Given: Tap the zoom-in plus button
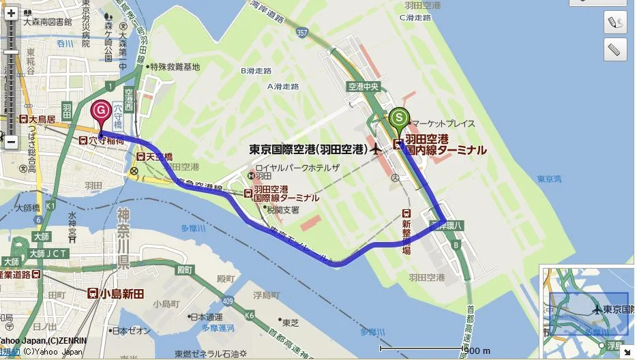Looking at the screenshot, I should point(11,13).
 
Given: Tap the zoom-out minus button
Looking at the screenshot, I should point(11,142).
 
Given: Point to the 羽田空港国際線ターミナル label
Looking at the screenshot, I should point(285,193).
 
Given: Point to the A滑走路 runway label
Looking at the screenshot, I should point(283,87).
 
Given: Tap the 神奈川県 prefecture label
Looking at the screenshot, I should point(123,239).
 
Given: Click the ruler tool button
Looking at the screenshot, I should point(615,50).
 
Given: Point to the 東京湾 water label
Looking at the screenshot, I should point(549,179).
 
